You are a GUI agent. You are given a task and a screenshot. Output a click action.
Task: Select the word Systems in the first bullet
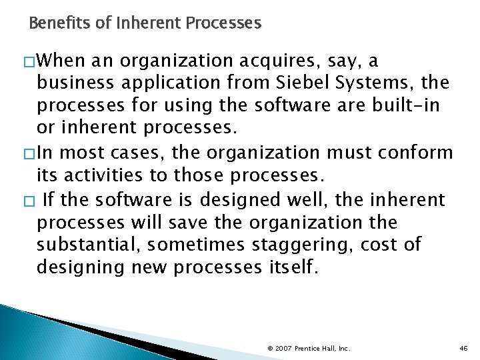(380, 83)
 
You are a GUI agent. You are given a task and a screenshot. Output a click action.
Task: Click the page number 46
(464, 348)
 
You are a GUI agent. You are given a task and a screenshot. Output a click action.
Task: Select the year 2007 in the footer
(283, 348)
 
